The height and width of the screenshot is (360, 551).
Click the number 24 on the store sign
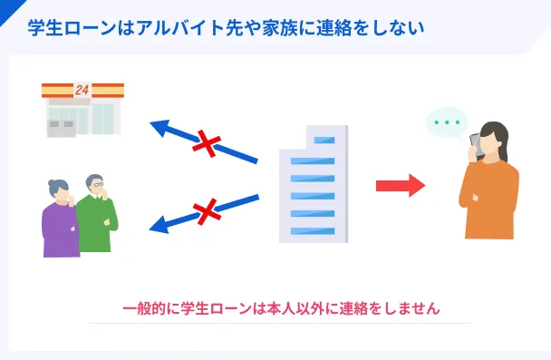pyautogui.click(x=82, y=90)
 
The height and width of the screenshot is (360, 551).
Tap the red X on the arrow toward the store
pyautogui.click(x=207, y=143)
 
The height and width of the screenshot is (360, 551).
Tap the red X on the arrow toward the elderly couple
pyautogui.click(x=207, y=211)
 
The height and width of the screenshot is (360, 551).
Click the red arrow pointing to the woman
pyautogui.click(x=401, y=185)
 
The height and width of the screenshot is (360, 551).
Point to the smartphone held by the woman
pyautogui.click(x=475, y=144)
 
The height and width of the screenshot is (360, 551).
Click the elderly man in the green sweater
pyautogui.click(x=97, y=213)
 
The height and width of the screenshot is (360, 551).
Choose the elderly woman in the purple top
pyautogui.click(x=60, y=219)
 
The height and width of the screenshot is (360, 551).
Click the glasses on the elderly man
pyautogui.click(x=98, y=184)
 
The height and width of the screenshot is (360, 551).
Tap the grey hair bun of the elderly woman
pyautogui.click(x=52, y=183)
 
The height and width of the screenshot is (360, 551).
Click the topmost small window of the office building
pyautogui.click(x=324, y=141)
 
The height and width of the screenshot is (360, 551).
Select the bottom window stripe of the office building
pyautogui.click(x=313, y=231)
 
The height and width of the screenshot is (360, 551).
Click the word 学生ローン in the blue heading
pyautogui.click(x=72, y=28)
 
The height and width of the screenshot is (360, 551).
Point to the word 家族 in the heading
pyautogui.click(x=280, y=28)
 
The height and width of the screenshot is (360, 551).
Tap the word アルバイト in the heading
pyautogui.click(x=180, y=28)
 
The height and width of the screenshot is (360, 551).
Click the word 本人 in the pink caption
pyautogui.click(x=281, y=308)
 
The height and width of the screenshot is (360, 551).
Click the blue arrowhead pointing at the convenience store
pyautogui.click(x=161, y=128)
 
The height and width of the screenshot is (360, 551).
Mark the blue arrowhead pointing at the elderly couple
pyautogui.click(x=159, y=225)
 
